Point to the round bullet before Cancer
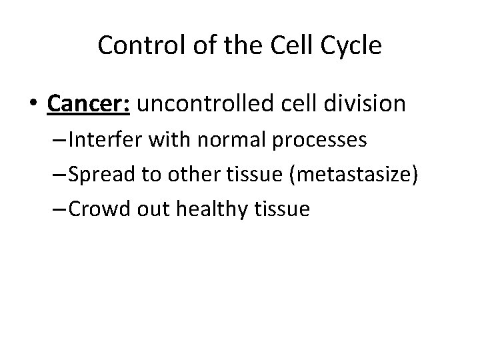[34, 105]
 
